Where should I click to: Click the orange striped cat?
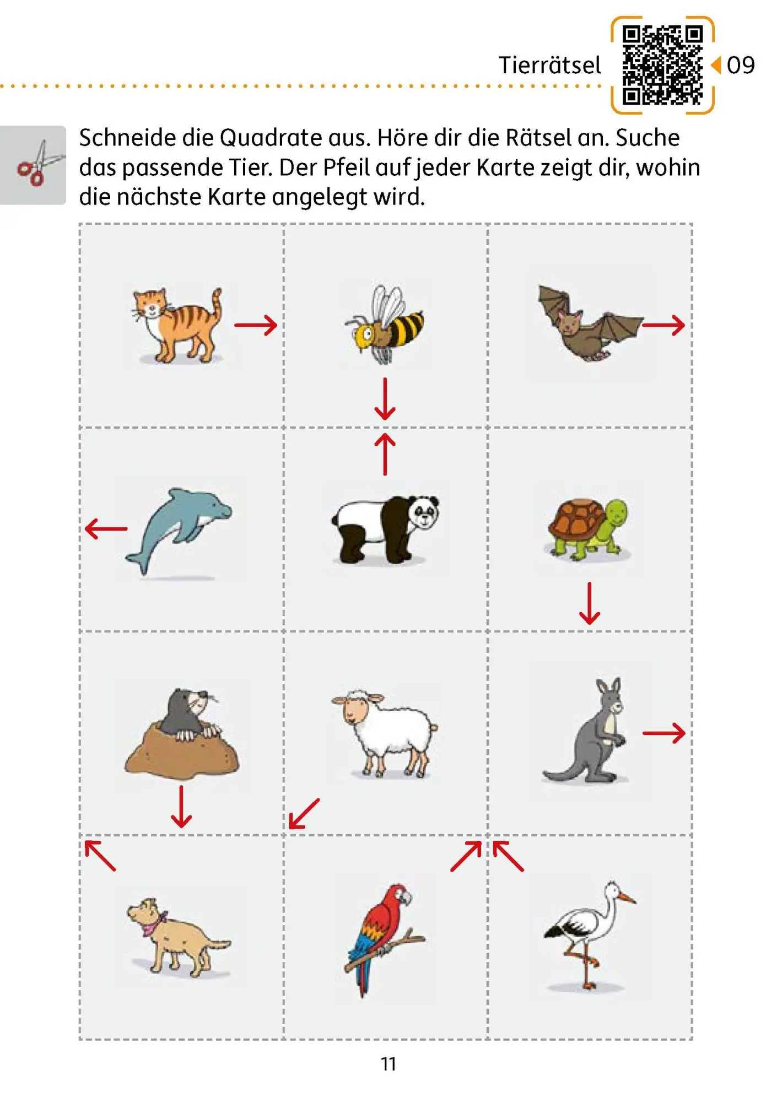(176, 325)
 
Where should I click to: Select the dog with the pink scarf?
(176, 937)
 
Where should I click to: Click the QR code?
(662, 65)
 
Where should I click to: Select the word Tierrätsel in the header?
(549, 65)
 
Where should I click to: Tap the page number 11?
(388, 1064)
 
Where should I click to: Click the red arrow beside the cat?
(256, 325)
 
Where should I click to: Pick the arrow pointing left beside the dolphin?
(106, 528)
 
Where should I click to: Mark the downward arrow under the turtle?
(590, 603)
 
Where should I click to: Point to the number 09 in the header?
(741, 65)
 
